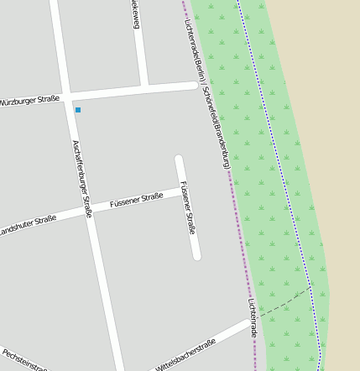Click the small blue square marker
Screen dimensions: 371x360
[78, 110]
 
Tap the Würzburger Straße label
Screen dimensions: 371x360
[29, 100]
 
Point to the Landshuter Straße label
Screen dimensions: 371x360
[28, 225]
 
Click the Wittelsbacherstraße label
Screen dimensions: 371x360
[185, 355]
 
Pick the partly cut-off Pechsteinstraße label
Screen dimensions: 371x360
[23, 361]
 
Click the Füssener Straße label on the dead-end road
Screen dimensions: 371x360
[188, 207]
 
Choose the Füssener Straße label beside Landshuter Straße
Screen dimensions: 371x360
[136, 200]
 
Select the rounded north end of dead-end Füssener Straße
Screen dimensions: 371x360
[179, 159]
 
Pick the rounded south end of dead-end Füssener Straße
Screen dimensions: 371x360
[196, 255]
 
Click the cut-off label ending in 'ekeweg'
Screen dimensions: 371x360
[134, 14]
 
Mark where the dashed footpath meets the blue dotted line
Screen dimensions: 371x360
[310, 288]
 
